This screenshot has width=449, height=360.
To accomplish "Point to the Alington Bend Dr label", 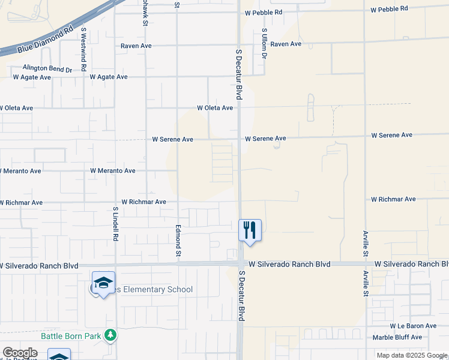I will point(47,69).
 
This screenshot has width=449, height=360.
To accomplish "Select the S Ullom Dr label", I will point(264,43).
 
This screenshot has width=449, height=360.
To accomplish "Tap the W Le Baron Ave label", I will point(413,326).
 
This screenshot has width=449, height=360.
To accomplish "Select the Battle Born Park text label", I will point(71,336).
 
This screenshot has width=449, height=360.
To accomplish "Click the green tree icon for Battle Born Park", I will point(110,335).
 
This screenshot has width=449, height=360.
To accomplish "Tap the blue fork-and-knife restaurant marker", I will point(250,230).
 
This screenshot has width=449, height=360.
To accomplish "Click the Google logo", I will point(20,353).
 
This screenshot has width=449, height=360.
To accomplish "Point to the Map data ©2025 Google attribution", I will point(411,355).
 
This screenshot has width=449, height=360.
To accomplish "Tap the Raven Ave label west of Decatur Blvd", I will point(136,46).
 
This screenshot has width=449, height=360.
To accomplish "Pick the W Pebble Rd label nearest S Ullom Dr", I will point(264,12).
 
